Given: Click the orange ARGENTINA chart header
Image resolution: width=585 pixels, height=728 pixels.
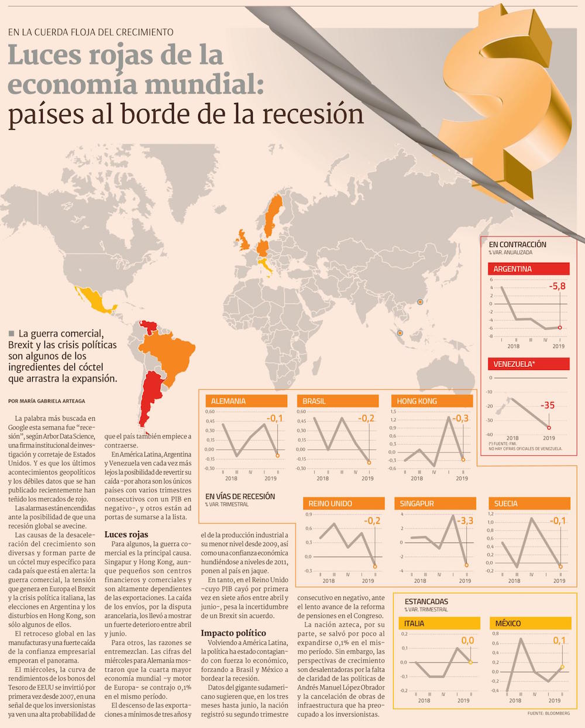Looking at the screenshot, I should point(529,269).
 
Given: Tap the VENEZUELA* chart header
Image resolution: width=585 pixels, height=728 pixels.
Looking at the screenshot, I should point(529,364).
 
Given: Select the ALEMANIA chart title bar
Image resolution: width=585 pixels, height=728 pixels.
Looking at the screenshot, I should point(246,401).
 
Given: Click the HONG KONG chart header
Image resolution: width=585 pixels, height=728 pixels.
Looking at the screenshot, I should point(432,401).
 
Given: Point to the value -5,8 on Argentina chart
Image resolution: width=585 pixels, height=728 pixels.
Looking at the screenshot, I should point(557,286).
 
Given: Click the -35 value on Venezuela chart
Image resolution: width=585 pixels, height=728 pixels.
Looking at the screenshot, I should point(547,405).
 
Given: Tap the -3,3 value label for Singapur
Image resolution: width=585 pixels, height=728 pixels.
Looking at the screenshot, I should point(465,521).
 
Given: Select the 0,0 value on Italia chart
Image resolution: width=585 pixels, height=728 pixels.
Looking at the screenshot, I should point(467,640).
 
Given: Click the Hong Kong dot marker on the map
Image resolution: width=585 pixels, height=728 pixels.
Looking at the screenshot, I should point(419,302).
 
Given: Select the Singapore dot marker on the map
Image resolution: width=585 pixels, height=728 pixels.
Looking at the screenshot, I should point(400,333).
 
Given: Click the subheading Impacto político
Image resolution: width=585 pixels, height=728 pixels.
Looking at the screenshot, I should point(233,633).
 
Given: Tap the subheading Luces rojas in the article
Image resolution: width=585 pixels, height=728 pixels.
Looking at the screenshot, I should point(126,534).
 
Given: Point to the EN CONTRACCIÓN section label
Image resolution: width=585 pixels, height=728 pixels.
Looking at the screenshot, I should point(517,245).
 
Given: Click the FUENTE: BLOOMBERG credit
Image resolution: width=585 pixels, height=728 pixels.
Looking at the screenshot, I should point(548,714).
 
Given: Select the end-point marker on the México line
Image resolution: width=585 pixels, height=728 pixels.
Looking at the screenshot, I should point(562,667).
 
